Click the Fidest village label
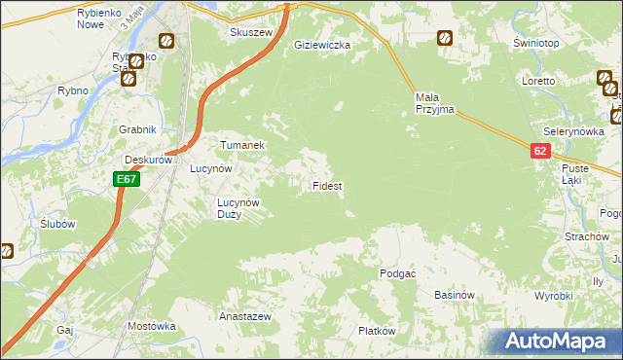point(326,185)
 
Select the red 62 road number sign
point(540,151)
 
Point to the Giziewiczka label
point(322,45)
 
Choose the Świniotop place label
point(534,45)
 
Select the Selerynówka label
point(574,130)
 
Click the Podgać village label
point(397,274)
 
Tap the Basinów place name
point(454,295)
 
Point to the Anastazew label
point(244,317)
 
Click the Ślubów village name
point(58,223)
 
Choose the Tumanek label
point(241,144)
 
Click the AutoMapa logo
point(559,341)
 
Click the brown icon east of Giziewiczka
point(444,38)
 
